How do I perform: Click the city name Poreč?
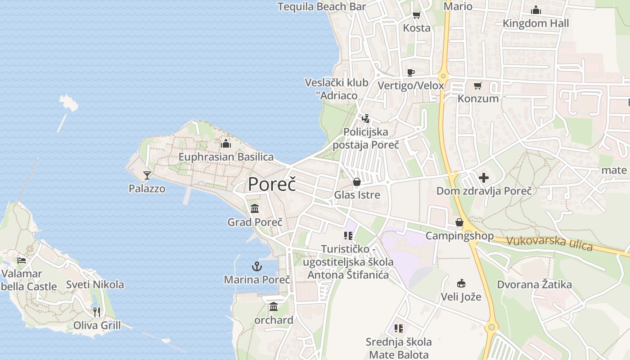(x=272, y=184)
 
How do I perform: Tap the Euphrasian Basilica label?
(x=226, y=157)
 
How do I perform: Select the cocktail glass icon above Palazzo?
(x=147, y=175)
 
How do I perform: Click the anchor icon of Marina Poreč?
(x=256, y=266)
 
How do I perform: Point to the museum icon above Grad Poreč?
(x=255, y=208)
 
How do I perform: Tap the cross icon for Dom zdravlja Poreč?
(x=484, y=178)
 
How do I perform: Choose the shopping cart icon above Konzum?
(x=478, y=85)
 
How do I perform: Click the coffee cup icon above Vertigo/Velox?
(x=410, y=72)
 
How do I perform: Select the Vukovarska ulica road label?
(x=549, y=243)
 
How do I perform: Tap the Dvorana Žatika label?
(x=534, y=284)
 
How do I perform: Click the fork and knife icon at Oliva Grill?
(x=97, y=311)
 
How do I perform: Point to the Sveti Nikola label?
(x=95, y=284)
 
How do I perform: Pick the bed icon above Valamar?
(x=21, y=260)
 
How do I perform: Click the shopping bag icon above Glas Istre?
(x=357, y=182)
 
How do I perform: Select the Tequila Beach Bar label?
(x=322, y=7)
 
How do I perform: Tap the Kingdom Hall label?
(x=535, y=23)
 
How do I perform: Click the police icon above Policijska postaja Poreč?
(x=366, y=119)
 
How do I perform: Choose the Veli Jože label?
(x=461, y=297)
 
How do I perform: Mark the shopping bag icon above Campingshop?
(x=459, y=222)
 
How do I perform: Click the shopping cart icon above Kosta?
(x=416, y=15)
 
